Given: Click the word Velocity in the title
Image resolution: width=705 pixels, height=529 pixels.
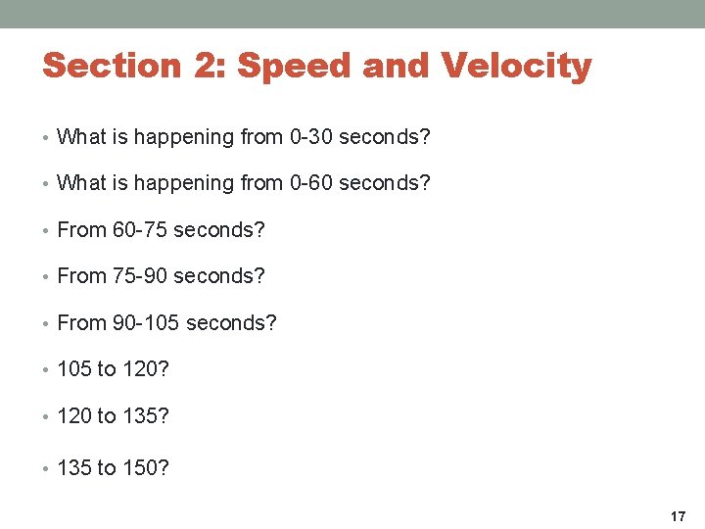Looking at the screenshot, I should pyautogui.click(x=516, y=66).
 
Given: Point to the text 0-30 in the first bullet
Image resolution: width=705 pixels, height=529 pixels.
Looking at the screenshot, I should pyautogui.click(x=311, y=137).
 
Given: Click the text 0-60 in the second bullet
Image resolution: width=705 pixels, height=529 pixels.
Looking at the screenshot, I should pyautogui.click(x=311, y=183).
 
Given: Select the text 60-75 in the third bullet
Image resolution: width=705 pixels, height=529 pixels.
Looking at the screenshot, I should pyautogui.click(x=140, y=230).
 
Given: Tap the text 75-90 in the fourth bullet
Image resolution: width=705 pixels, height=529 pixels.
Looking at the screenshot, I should pyautogui.click(x=140, y=276).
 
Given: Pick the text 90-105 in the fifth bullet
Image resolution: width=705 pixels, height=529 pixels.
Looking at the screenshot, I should pyautogui.click(x=146, y=322).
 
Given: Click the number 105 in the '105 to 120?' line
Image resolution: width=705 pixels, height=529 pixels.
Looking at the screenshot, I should pyautogui.click(x=74, y=369).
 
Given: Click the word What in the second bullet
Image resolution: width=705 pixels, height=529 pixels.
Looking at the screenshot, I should pyautogui.click(x=80, y=183).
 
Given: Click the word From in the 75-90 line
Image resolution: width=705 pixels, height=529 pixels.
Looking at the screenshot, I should pyautogui.click(x=82, y=276).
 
